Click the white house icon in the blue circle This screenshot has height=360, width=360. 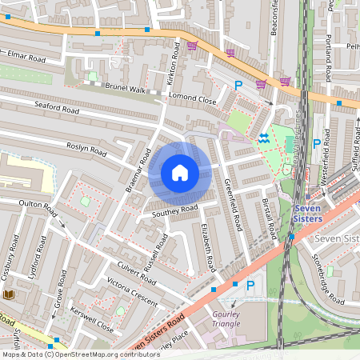pos(180,172)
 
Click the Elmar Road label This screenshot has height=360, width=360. pos(26,58)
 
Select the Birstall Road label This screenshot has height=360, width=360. pos(270,214)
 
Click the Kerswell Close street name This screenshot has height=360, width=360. pos(92,321)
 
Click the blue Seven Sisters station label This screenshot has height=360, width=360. pos(307,212)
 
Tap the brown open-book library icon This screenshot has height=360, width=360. pos(9,295)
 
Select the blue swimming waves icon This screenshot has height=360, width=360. pos(263,139)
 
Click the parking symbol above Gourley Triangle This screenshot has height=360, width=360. pos(250,284)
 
